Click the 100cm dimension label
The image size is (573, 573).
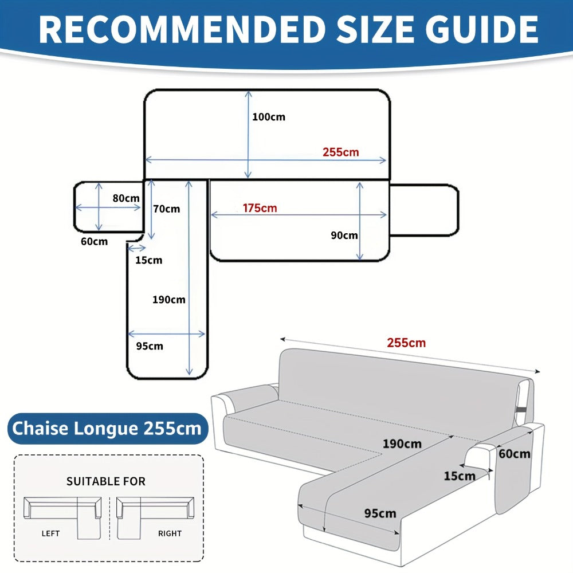pos(269,117)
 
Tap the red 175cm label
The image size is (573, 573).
pos(260,208)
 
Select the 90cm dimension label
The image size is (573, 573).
pos(344,236)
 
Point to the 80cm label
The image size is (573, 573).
pos(126,198)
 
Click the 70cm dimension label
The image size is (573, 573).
pos(167,209)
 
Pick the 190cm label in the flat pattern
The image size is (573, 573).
pos(169,300)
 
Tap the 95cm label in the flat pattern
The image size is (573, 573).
pos(150,346)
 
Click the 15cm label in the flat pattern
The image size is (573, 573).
pos(149,260)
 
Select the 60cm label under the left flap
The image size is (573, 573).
pos(95,242)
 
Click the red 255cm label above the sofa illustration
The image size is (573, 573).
pos(406,343)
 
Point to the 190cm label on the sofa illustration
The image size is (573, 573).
pos(402,444)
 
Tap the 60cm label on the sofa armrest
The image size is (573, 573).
pos(515,454)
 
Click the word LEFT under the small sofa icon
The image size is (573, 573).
pos(50,533)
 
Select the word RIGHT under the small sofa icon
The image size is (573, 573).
pos(170,533)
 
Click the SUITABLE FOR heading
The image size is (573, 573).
pos(106,481)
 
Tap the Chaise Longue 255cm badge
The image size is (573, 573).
pos(108,428)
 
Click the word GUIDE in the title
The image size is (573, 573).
pos(482,29)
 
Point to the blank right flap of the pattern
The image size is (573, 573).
pos(424,210)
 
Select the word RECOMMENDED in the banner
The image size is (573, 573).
pos(182,29)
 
